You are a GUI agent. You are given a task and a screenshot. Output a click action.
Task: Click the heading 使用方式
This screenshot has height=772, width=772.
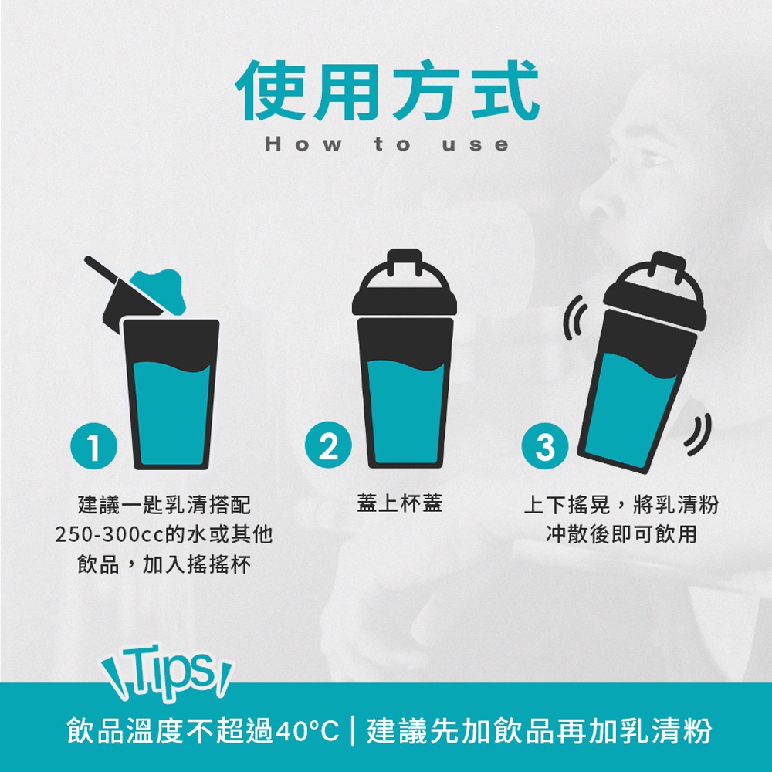click(388, 90)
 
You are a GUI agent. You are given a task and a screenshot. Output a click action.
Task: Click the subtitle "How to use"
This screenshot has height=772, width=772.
click(387, 144)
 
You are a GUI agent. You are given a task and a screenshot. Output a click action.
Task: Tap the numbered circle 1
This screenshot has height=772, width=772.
click(94, 447)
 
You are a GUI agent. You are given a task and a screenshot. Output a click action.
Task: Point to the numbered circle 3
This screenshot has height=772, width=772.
click(545, 446)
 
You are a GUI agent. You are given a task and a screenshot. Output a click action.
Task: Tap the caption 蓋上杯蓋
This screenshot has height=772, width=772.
click(399, 503)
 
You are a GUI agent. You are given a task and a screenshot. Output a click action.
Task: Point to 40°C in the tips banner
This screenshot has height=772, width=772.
click(306, 730)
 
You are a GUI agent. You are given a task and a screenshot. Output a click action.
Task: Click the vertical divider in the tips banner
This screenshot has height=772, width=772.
click(353, 730)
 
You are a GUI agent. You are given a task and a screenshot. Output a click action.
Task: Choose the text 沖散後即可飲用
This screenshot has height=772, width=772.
click(621, 534)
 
